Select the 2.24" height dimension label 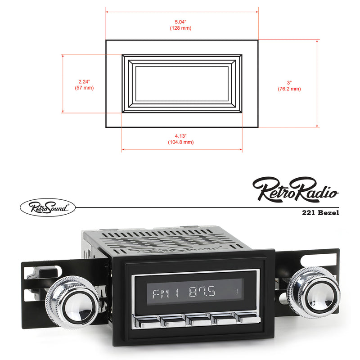point(84,81)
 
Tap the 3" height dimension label point(289,82)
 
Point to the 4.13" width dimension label point(181,135)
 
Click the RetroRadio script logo point(295,189)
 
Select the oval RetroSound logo point(47,207)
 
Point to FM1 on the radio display point(165,294)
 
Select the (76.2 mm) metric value point(289,89)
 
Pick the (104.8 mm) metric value point(181,142)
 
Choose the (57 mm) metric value point(84,88)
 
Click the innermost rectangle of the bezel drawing point(182,84)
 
